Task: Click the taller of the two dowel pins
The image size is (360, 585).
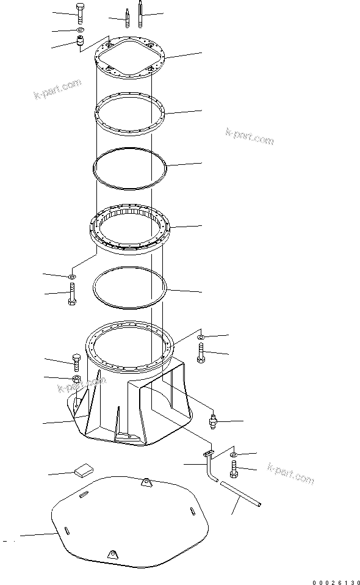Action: tap(141, 14)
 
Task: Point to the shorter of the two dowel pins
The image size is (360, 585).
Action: tap(128, 18)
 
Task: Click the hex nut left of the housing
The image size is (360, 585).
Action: tap(76, 379)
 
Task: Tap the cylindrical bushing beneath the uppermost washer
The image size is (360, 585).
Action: tap(79, 43)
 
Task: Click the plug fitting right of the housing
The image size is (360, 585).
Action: tap(212, 421)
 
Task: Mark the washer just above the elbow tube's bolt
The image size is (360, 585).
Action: tap(236, 454)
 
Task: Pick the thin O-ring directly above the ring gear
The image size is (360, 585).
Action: tap(129, 166)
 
